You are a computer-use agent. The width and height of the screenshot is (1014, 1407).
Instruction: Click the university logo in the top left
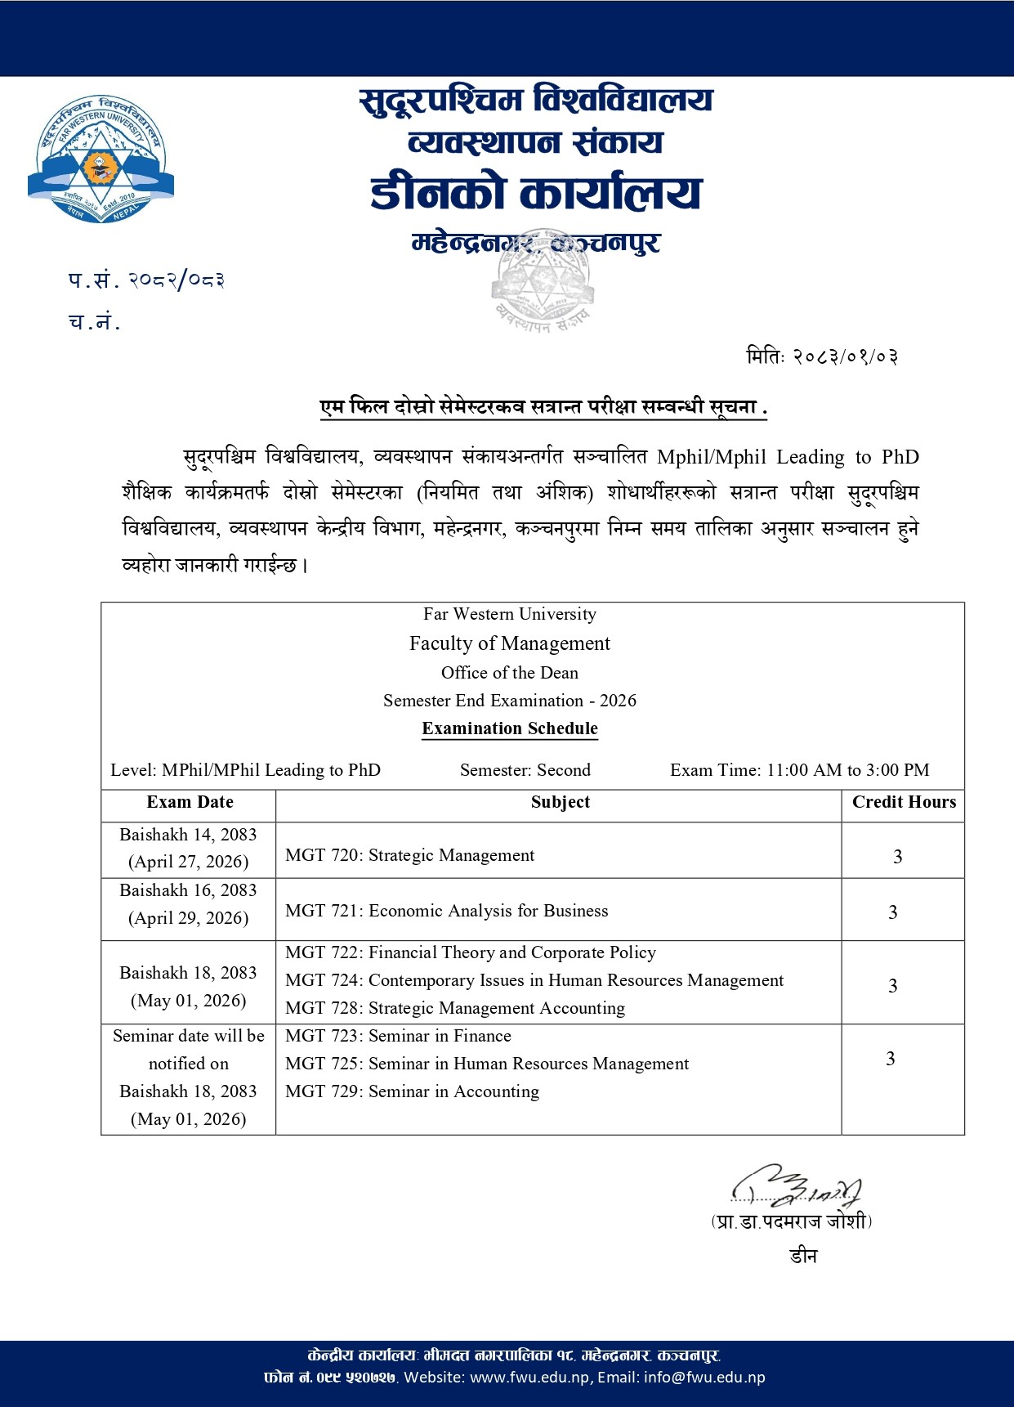[x=101, y=159]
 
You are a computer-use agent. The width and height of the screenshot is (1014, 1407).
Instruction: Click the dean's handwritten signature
[x=797, y=1185]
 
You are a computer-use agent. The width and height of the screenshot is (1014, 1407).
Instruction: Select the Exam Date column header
[x=190, y=802]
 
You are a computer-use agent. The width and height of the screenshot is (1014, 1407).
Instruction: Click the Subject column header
[x=560, y=802]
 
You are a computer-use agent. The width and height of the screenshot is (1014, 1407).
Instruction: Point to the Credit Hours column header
[x=904, y=802]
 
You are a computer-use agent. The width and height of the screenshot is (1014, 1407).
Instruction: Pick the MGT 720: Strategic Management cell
[x=409, y=855]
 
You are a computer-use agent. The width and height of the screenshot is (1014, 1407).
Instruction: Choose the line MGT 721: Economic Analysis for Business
[x=446, y=911]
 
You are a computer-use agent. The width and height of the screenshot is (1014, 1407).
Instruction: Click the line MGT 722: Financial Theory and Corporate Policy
[x=470, y=952]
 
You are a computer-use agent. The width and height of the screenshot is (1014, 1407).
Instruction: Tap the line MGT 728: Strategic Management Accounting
[x=454, y=1008]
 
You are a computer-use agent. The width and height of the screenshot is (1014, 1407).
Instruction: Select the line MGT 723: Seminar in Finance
[x=398, y=1036]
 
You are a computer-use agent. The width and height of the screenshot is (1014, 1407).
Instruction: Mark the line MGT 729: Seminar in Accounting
[x=412, y=1091]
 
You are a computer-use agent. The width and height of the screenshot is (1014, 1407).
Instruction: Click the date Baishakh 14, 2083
[x=188, y=835]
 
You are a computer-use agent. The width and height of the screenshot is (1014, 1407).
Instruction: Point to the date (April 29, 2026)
[x=188, y=918]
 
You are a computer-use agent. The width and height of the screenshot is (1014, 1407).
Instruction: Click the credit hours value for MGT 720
[x=897, y=857]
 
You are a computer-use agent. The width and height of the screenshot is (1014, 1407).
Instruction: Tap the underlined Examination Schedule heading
[x=510, y=728]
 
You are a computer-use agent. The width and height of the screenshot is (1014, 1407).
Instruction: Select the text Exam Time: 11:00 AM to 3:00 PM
[x=799, y=770]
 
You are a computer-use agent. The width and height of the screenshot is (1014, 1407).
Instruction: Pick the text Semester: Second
[x=525, y=770]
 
